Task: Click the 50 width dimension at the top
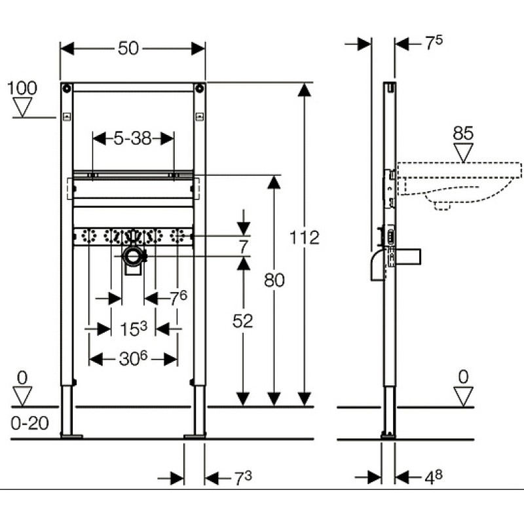tap(128, 48)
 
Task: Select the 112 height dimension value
tap(304, 238)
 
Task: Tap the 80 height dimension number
tap(274, 280)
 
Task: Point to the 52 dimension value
tap(242, 321)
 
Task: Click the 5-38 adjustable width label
tap(133, 138)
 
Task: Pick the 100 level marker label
tap(22, 88)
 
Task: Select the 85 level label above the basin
tap(463, 134)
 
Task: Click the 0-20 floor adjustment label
tap(29, 423)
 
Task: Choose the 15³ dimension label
tap(134, 328)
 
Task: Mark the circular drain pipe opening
tap(133, 257)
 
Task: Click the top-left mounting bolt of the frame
tap(67, 88)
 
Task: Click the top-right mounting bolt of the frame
tap(200, 88)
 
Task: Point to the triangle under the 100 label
tap(22, 107)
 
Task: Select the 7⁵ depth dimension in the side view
tap(434, 43)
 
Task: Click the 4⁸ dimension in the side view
tap(434, 477)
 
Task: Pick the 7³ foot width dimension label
tap(243, 477)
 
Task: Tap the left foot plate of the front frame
tap(71, 436)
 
